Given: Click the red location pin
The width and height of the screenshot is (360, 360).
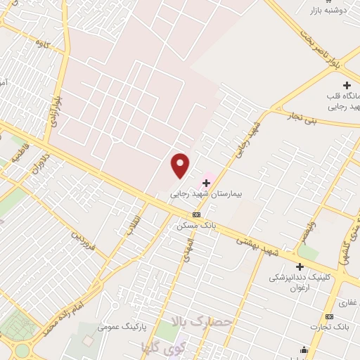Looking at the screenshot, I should pyautogui.click(x=181, y=165).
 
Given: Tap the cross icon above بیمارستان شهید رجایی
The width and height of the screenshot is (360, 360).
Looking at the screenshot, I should pyautogui.click(x=205, y=183).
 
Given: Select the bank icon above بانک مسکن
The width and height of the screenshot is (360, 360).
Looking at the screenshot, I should pyautogui.click(x=196, y=215).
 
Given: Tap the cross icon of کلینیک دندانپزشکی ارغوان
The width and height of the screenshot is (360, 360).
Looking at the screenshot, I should pyautogui.click(x=300, y=266).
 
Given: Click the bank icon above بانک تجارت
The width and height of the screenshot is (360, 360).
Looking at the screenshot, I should pyautogui.click(x=329, y=316).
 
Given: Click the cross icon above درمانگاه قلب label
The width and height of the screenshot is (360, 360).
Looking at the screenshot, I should pyautogui.click(x=346, y=84).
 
